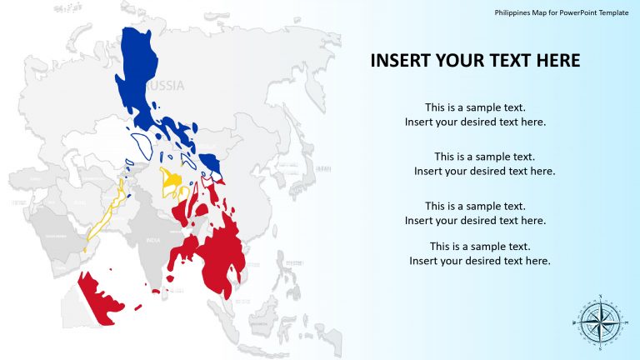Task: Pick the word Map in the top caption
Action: (x=540, y=13)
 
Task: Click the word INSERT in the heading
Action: (x=398, y=61)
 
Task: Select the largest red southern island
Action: (x=218, y=254)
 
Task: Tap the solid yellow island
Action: (x=172, y=180)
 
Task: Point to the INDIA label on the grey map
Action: (x=152, y=241)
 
